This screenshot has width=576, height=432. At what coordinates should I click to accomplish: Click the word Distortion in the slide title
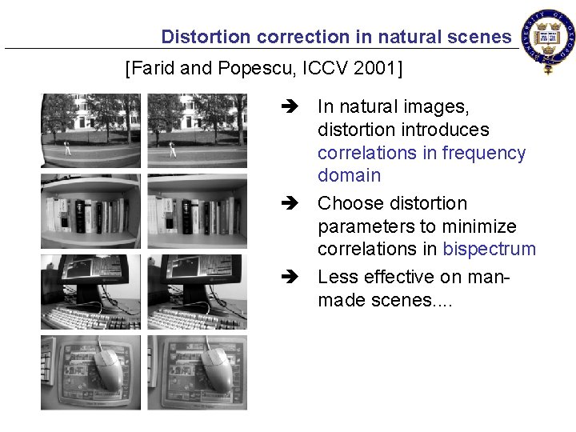point(200,37)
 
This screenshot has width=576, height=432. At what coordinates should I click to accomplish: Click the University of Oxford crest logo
point(547,40)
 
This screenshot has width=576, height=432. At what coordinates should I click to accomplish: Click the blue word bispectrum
point(489,249)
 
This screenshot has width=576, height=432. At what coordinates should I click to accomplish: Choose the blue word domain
point(349,175)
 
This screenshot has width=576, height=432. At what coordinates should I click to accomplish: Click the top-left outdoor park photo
point(90,130)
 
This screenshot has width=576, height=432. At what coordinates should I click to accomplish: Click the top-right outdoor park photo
point(197,130)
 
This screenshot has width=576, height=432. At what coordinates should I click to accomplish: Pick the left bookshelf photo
point(90,211)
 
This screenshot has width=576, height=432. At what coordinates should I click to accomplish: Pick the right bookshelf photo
point(197,211)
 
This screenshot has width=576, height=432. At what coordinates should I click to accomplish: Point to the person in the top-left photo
point(67,148)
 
